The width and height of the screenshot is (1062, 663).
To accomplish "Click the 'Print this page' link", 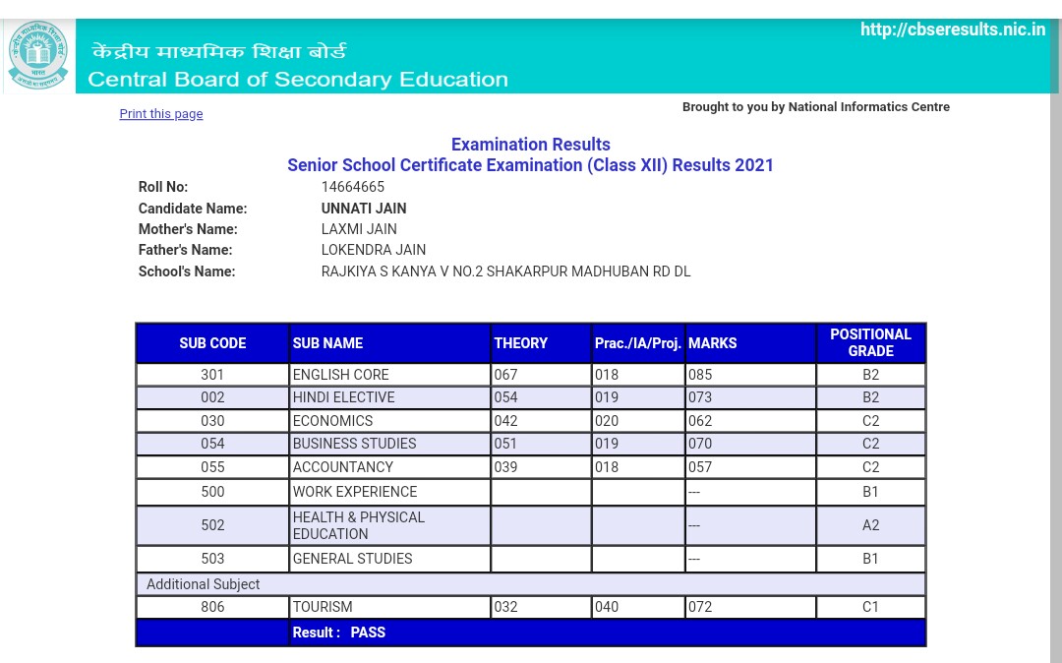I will [161, 114].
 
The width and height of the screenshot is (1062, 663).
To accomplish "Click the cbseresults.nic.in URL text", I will [952, 30].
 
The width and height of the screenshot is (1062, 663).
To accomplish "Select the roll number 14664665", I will [353, 187].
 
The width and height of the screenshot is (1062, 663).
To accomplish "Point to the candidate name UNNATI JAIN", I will [364, 209].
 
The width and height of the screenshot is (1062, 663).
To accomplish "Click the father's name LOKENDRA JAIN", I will [374, 250].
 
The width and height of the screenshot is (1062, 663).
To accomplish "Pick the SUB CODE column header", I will [212, 343].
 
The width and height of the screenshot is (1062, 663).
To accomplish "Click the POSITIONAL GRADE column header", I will [870, 342].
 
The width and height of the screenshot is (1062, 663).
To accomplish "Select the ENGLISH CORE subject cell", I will [341, 375].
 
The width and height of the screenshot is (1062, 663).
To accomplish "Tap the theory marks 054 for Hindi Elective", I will [506, 397].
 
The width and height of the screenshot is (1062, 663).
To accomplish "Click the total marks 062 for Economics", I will [700, 421].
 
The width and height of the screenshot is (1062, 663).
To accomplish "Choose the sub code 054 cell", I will [212, 444].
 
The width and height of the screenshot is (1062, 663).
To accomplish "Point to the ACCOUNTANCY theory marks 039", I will [506, 467].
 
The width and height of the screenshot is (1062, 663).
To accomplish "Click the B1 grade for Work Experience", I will [870, 492].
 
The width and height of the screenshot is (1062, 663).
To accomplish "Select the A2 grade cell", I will [870, 525].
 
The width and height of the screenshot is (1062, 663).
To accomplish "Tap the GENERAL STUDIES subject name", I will [353, 559].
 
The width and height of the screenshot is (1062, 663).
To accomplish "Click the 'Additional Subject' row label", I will [204, 584].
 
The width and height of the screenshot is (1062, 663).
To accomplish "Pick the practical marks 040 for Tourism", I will [607, 607].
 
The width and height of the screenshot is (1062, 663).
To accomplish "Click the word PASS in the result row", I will [368, 633].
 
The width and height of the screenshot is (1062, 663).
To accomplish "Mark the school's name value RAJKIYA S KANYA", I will [505, 271].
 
